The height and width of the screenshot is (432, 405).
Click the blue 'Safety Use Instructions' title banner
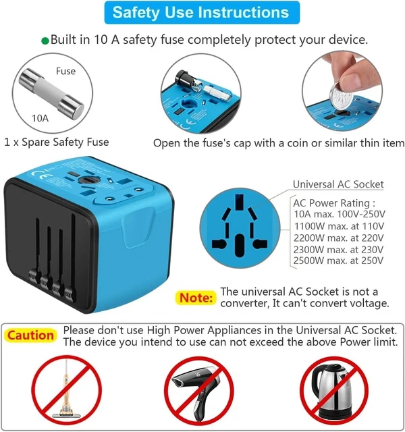[x=201, y=12]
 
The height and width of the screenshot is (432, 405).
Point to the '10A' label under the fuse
[x=40, y=117]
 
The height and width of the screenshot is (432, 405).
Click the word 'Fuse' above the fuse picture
[x=66, y=70]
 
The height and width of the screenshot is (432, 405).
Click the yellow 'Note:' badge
[x=196, y=297]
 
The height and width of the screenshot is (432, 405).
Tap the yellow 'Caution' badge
[x=30, y=335]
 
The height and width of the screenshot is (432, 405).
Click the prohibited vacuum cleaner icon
[x=67, y=389]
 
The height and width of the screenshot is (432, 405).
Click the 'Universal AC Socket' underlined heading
[x=337, y=184]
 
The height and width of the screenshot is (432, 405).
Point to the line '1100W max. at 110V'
[x=338, y=226]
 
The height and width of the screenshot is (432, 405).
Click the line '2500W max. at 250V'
[x=339, y=261]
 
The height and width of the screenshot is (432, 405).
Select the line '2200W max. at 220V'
[x=339, y=238]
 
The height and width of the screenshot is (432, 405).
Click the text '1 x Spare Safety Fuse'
[x=57, y=142]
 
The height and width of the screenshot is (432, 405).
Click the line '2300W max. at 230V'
[x=339, y=249]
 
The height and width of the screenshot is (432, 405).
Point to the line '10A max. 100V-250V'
[x=339, y=215]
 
